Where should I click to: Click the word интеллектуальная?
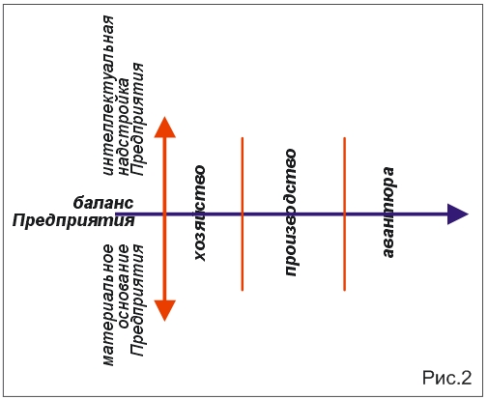[109, 96]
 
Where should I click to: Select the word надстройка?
[124, 127]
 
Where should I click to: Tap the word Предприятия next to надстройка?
[137, 119]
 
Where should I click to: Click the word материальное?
[109, 305]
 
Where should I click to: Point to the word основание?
[124, 287]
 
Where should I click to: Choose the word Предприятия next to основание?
[137, 300]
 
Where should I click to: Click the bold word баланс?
[103, 203]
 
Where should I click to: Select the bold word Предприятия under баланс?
[73, 221]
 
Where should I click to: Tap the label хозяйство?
[200, 214]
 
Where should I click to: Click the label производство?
[290, 213]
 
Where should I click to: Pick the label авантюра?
[388, 213]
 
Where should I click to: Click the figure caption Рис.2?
[447, 378]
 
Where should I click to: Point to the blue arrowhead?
[458, 214]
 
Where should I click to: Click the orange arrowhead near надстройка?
[164, 128]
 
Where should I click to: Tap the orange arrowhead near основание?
[164, 310]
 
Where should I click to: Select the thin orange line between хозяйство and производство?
[243, 214]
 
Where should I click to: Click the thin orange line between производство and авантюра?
[344, 214]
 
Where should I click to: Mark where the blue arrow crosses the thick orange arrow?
[164, 214]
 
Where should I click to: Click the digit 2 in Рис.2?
[466, 378]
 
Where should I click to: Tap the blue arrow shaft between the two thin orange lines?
[294, 214]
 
